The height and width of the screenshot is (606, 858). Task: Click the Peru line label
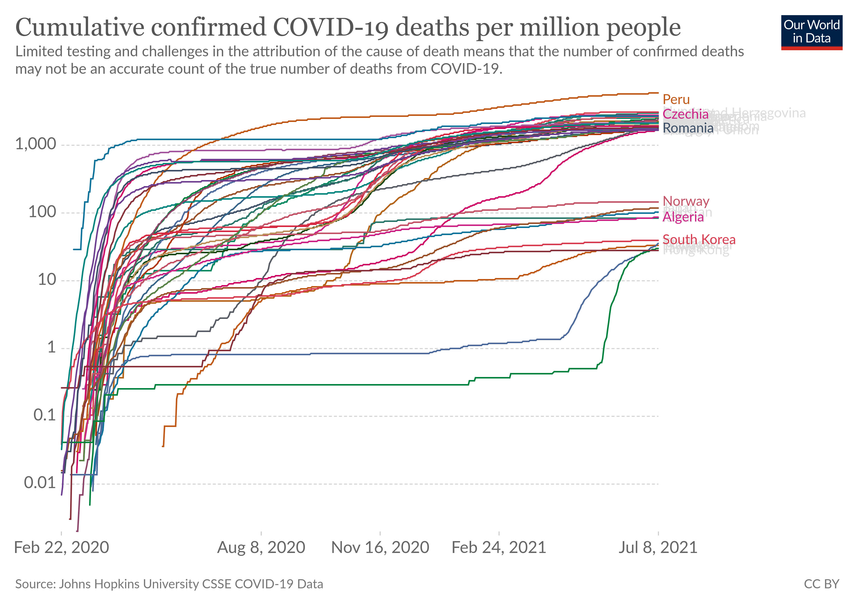(x=676, y=99)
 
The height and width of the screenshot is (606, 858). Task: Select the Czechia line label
(x=685, y=114)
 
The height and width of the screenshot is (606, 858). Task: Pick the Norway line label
(x=686, y=201)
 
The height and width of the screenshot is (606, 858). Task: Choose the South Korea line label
(x=699, y=239)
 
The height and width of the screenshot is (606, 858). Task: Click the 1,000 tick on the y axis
(x=36, y=144)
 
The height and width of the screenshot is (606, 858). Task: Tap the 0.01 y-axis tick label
(x=40, y=483)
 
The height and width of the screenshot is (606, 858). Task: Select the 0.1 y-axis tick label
(x=44, y=415)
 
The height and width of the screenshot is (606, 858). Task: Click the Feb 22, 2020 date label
(x=61, y=548)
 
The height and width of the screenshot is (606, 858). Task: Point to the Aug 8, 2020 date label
(x=261, y=548)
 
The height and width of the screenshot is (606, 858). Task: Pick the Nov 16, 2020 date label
(x=380, y=548)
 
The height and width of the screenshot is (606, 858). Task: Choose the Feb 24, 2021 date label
(x=499, y=548)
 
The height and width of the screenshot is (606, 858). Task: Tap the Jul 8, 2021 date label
(x=658, y=548)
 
